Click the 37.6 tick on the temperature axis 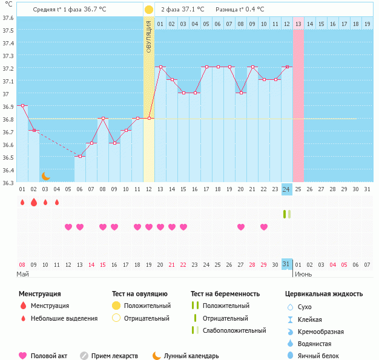pyautogui.click(x=8, y=18)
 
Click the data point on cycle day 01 pyautogui.click(x=22, y=105)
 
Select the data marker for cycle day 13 pyautogui.click(x=160, y=67)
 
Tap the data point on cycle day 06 pyautogui.click(x=80, y=156)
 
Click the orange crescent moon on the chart pyautogui.click(x=45, y=176)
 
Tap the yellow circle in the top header pyautogui.click(x=149, y=10)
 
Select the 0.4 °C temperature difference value pyautogui.click(x=251, y=10)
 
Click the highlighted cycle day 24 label pyautogui.click(x=287, y=189)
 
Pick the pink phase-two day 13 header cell pyautogui.click(x=298, y=24)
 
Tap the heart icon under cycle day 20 pyautogui.click(x=241, y=227)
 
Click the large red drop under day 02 pyautogui.click(x=34, y=202)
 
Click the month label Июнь pyautogui.click(x=303, y=274)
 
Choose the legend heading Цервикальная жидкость pyautogui.click(x=324, y=294)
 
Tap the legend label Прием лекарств pyautogui.click(x=114, y=356)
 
